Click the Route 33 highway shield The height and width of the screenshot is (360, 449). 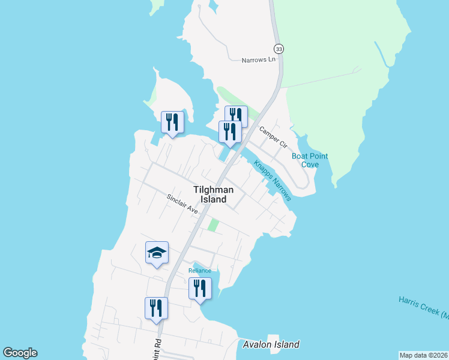click(x=278, y=48)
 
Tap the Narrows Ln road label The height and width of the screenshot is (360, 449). click(x=258, y=61)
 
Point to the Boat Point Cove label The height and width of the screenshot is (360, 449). click(x=310, y=160)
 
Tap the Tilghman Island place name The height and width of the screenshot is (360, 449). click(x=210, y=194)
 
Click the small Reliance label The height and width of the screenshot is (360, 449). click(x=200, y=271)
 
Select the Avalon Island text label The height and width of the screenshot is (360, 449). click(x=271, y=344)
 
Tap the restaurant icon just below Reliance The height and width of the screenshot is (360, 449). click(x=200, y=289)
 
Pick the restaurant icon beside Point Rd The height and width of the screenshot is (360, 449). click(x=156, y=308)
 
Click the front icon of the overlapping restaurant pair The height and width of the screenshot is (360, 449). click(x=230, y=131)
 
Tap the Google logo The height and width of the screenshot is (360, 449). click(x=20, y=353)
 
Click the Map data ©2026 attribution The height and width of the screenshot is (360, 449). click(x=423, y=355)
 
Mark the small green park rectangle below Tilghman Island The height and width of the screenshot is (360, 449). click(x=213, y=226)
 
